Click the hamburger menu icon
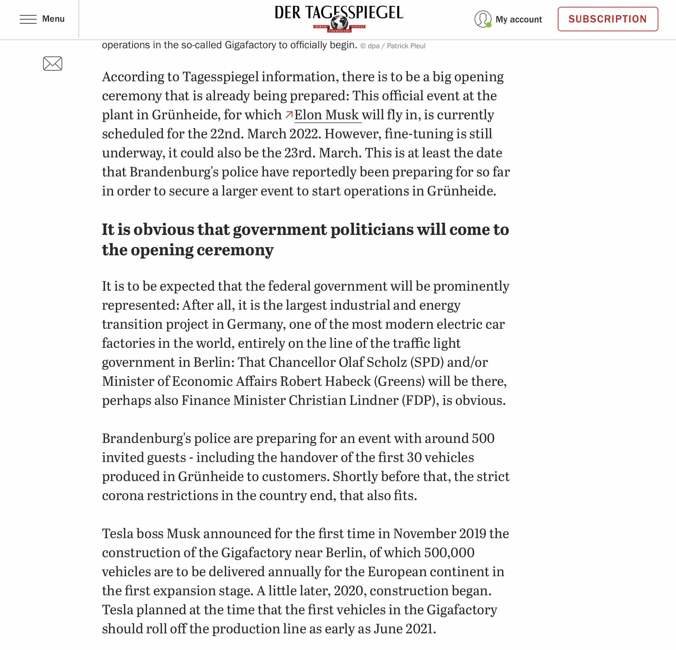(28, 19)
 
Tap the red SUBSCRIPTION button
(607, 19)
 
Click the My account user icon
(482, 19)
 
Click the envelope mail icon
(52, 64)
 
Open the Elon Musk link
(326, 115)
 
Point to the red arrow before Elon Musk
(289, 114)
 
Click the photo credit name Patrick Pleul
(406, 46)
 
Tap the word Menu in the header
(53, 19)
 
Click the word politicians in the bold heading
(372, 229)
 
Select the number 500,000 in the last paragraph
(449, 553)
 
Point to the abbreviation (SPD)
(427, 362)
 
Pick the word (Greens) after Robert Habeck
(399, 381)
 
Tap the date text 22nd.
(227, 134)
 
